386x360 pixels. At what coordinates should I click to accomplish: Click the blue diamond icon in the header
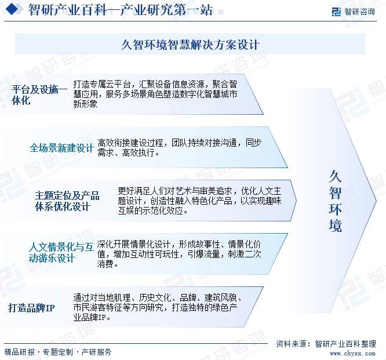pyautogui.click(x=13, y=9)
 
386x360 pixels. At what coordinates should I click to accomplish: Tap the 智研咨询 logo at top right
pyautogui.click(x=354, y=12)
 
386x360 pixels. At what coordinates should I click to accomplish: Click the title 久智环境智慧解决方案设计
pyautogui.click(x=190, y=45)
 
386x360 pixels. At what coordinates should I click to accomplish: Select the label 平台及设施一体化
pyautogui.click(x=39, y=94)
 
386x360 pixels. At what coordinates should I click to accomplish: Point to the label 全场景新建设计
pyautogui.click(x=61, y=148)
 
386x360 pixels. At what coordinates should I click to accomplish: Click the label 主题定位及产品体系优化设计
pyautogui.click(x=67, y=201)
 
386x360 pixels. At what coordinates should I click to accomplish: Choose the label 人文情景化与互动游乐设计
pyautogui.click(x=61, y=252)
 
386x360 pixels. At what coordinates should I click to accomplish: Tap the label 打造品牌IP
pyautogui.click(x=31, y=308)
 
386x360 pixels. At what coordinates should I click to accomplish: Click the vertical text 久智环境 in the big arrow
pyautogui.click(x=335, y=201)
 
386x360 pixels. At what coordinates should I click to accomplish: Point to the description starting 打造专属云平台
pyautogui.click(x=155, y=94)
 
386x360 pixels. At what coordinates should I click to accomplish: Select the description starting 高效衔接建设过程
pyautogui.click(x=180, y=147)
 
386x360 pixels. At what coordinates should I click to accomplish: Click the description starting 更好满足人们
pyautogui.click(x=199, y=201)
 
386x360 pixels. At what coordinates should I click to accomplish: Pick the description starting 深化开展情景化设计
pyautogui.click(x=179, y=254)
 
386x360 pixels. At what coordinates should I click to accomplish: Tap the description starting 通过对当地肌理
pyautogui.click(x=157, y=307)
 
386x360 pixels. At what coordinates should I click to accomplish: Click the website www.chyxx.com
pyautogui.click(x=352, y=354)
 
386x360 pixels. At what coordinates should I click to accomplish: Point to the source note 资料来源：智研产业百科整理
pyautogui.click(x=326, y=344)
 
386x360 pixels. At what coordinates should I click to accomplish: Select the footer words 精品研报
pyautogui.click(x=20, y=352)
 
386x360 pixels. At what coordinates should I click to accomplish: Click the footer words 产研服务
pyautogui.click(x=96, y=352)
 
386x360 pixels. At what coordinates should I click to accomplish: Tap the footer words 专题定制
pyautogui.click(x=58, y=352)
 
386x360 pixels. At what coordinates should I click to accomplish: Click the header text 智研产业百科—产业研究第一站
pyautogui.click(x=120, y=10)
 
